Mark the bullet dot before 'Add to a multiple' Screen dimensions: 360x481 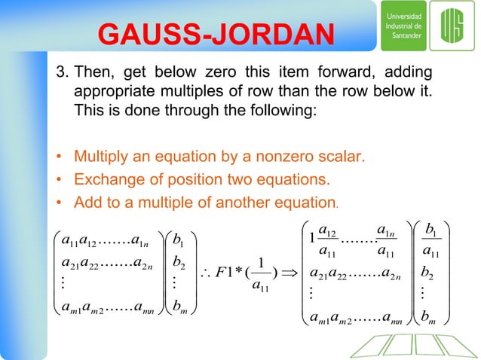point(58,203)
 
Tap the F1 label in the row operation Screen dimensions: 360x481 point(233,271)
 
